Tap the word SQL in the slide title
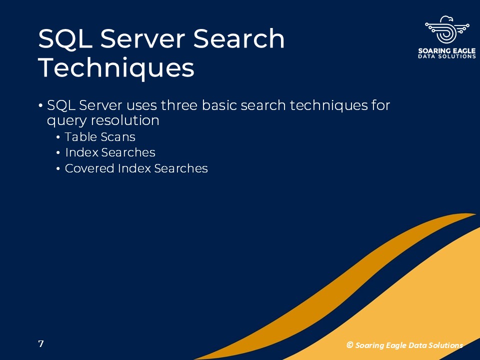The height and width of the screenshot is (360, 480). tap(65, 39)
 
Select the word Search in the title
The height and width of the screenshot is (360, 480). tap(239, 38)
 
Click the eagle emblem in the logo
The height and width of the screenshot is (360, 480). tap(447, 29)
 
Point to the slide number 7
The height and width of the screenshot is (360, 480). tap(41, 344)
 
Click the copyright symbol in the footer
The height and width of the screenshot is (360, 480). tap(349, 345)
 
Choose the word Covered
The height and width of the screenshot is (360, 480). tap(89, 168)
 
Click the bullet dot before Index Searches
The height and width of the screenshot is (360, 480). tap(58, 152)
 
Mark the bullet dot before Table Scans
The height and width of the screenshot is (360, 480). tap(58, 137)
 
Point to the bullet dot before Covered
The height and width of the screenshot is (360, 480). tap(58, 168)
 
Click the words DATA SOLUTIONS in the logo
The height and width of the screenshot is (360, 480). tap(447, 56)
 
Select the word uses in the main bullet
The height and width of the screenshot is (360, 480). tap(141, 105)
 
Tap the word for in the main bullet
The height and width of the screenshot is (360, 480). tap(381, 105)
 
